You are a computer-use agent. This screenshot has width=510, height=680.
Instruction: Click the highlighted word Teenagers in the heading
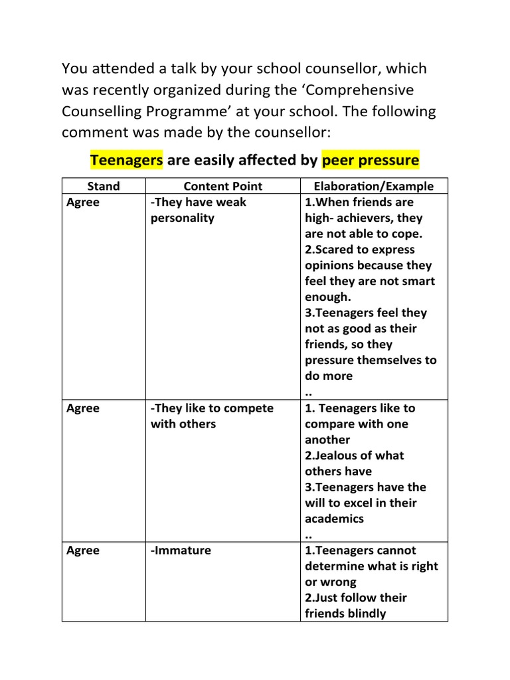click(126, 160)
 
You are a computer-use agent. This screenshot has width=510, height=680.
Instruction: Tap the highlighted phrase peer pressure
click(370, 160)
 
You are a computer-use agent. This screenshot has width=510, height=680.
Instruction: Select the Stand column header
click(104, 187)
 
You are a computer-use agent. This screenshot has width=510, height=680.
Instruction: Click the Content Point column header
click(222, 187)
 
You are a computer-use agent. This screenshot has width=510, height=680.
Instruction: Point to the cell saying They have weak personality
click(198, 210)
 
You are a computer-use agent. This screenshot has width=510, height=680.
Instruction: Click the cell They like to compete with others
click(211, 416)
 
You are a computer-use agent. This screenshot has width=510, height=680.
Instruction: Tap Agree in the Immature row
click(83, 551)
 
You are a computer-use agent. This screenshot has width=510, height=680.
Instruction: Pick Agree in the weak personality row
click(83, 203)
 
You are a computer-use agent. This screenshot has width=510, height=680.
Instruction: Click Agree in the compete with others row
click(83, 408)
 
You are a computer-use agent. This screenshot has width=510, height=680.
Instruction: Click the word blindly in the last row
click(367, 614)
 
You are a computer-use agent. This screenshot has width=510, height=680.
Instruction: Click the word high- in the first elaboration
click(320, 218)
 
